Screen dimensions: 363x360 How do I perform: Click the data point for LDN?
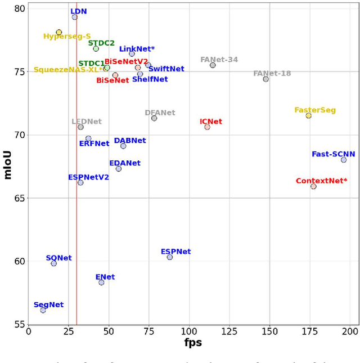click(x=74, y=17)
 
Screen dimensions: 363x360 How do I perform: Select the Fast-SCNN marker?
click(x=344, y=160)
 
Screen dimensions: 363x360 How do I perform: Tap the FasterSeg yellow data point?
click(x=308, y=115)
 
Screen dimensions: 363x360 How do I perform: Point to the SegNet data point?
click(x=43, y=310)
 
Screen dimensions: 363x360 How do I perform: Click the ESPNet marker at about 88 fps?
click(x=169, y=257)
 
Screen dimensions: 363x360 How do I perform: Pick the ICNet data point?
click(x=207, y=127)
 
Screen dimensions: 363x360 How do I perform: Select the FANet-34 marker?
click(x=213, y=65)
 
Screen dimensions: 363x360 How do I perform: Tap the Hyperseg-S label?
click(x=67, y=37)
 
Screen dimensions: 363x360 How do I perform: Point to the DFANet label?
click(x=160, y=113)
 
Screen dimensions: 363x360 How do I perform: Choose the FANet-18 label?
click(x=272, y=74)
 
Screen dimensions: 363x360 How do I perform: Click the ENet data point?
click(x=101, y=283)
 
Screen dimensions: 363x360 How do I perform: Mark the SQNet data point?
click(x=53, y=263)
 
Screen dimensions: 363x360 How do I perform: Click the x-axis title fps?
click(x=193, y=342)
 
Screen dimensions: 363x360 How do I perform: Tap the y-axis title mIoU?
click(x=7, y=164)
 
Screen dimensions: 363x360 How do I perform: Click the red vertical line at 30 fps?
click(x=76, y=225)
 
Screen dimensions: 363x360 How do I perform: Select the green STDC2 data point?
click(x=96, y=48)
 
